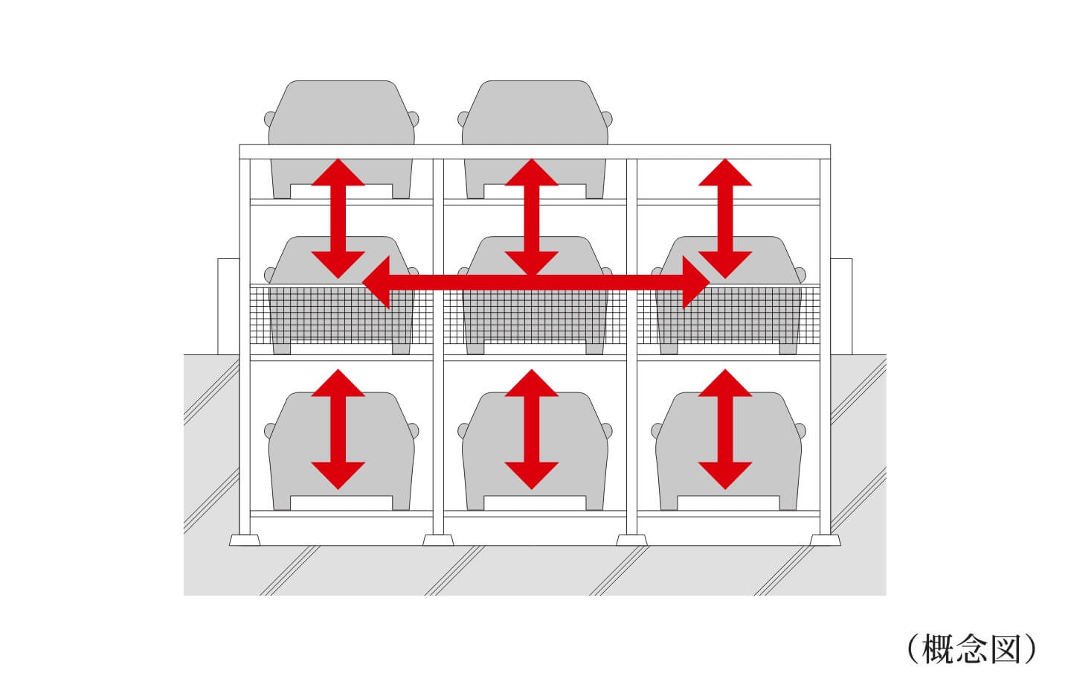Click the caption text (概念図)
pos(971,649)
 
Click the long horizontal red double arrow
pos(536,282)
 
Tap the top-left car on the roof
pos(341,138)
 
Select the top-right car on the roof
pos(535,138)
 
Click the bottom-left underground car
pos(341,451)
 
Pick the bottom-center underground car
pos(535,451)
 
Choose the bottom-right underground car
pos(729,451)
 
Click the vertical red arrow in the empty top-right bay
pos(725,219)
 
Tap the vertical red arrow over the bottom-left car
pos(338,430)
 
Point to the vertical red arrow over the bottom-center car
pos(532,430)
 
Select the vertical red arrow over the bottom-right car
pos(725,430)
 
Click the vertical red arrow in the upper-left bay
pos(338,219)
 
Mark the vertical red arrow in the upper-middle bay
pos(532,219)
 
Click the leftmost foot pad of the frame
pos(245,541)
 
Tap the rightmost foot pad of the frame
pos(826,541)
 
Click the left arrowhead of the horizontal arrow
pos(376,282)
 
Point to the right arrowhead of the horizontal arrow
pos(696,282)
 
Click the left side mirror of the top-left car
pos(270,118)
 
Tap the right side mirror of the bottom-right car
pos(800,431)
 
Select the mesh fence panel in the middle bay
pos(535,314)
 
